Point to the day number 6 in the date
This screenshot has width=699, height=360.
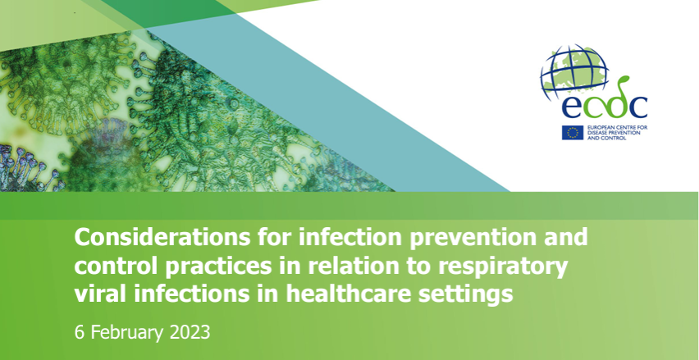(79, 333)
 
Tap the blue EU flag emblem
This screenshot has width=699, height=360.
(573, 132)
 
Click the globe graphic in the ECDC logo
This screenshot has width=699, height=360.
(574, 71)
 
